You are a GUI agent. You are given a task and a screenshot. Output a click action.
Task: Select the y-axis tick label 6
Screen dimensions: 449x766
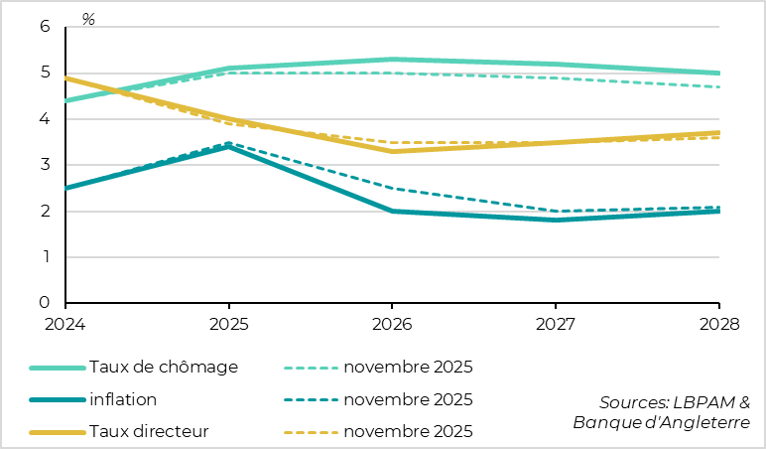coord(45,27)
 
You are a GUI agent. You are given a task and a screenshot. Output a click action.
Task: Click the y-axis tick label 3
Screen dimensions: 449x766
coord(45,165)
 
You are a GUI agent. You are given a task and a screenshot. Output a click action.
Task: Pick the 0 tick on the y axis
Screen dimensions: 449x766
coord(45,303)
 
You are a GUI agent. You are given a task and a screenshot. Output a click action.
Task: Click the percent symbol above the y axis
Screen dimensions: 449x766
coord(88,19)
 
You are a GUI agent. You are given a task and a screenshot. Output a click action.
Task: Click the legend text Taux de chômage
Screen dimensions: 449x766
coord(164,367)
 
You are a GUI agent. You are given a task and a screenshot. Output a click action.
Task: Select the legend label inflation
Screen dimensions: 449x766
coord(123,399)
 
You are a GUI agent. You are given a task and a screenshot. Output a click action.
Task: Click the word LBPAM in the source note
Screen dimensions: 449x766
coord(705,402)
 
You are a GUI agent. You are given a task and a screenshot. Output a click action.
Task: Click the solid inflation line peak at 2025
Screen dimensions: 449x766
coord(229,146)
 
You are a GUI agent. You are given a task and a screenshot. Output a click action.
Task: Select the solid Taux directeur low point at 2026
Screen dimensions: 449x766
coord(392,151)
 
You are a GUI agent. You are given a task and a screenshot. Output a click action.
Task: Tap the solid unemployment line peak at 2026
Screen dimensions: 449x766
coord(392,60)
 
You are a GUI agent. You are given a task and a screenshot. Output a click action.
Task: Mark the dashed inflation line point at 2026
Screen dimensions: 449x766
coord(392,188)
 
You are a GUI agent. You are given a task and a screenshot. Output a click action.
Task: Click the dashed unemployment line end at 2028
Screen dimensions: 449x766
coord(719,87)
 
